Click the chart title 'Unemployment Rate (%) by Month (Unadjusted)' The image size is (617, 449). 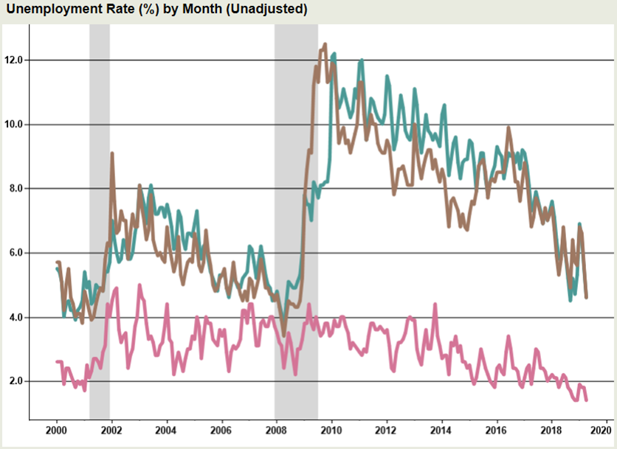click(156, 10)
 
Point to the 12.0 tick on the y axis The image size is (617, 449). click(13, 60)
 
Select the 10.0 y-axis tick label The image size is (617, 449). click(13, 124)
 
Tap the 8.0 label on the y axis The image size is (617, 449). click(14, 189)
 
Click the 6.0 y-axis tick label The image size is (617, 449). click(14, 253)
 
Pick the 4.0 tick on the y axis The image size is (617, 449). click(14, 318)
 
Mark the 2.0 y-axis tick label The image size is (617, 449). click(14, 382)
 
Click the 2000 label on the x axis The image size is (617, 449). click(57, 430)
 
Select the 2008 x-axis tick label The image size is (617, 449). click(276, 430)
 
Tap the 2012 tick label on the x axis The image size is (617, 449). click(386, 430)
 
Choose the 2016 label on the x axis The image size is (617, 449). click(495, 430)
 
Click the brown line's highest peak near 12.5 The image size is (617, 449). click(325, 44)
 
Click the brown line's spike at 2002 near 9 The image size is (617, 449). click(111, 153)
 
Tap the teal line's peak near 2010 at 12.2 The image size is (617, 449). click(334, 54)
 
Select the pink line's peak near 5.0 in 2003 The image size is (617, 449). click(139, 285)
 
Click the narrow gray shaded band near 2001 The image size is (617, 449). click(100, 221)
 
